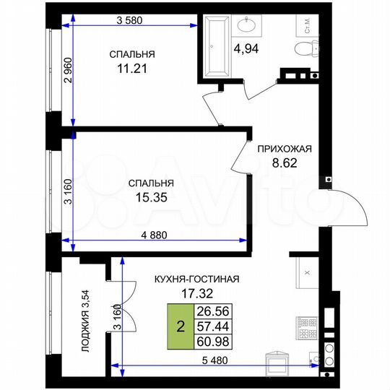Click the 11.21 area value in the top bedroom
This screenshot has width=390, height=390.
(x=132, y=70)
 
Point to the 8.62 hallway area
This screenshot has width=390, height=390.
(x=284, y=164)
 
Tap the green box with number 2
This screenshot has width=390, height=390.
(x=178, y=327)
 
